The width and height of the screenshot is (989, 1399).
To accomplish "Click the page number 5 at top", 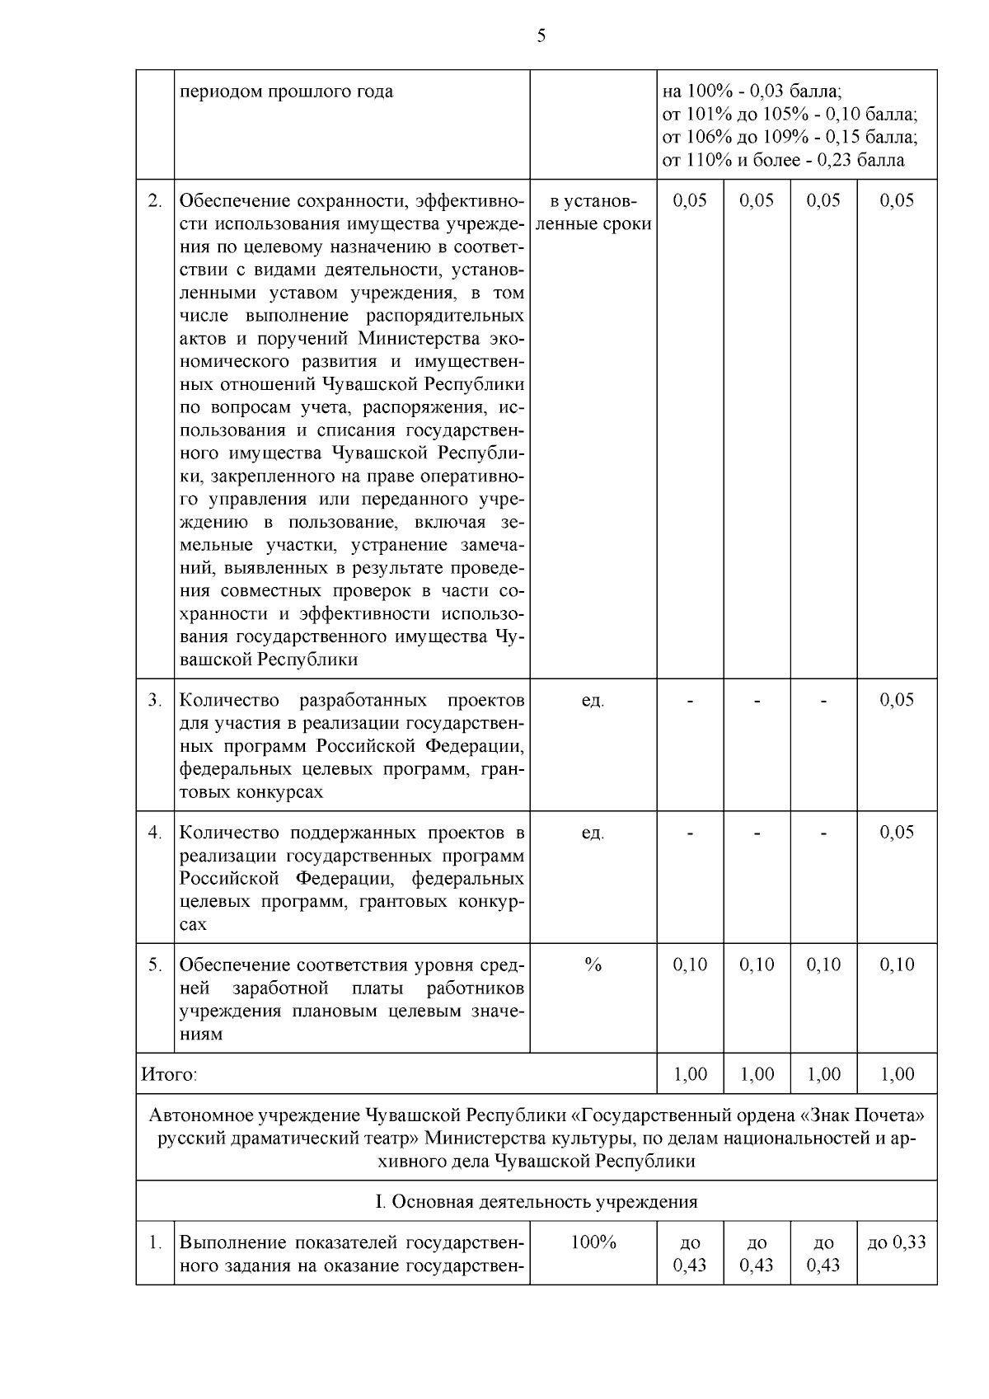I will point(541,35).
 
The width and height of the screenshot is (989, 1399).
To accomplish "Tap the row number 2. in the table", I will point(154,200).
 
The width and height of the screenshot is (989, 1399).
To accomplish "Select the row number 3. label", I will point(154,700).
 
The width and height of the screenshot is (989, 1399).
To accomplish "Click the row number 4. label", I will point(154,832).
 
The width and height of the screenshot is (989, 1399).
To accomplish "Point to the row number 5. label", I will point(154,964).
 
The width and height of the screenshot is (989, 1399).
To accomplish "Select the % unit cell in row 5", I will point(593,964).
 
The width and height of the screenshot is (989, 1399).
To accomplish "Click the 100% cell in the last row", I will point(593,1242).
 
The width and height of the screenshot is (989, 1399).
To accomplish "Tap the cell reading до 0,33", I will point(897,1242).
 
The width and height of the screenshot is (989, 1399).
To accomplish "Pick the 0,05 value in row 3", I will point(897,700).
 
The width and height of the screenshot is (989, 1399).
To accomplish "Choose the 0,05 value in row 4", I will point(897,832).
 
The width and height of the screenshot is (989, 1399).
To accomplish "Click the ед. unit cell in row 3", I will point(593,700).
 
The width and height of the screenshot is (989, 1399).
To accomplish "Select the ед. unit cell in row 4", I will point(593,832).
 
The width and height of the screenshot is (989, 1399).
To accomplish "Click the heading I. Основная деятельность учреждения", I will point(537,1201).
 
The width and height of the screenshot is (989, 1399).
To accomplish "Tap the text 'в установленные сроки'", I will point(593,212).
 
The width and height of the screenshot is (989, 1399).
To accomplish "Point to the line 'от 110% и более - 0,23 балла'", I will point(783,160).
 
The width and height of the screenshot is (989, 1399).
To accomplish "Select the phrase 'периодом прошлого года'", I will point(286,91).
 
